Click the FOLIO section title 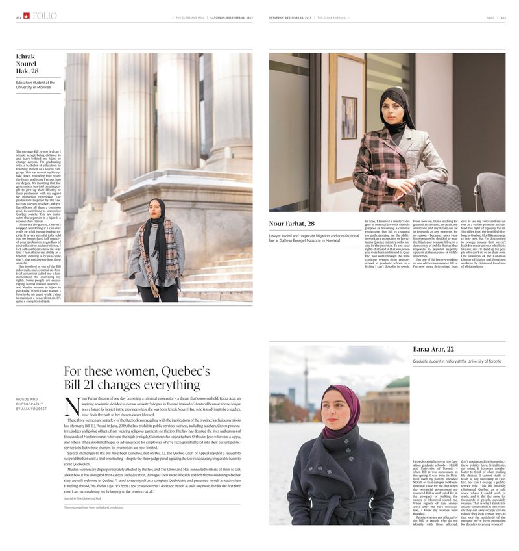tap(45, 16)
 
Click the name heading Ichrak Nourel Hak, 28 tap(27, 64)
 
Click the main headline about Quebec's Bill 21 tap(137, 378)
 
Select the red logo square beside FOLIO tap(26, 16)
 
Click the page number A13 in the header tap(509, 18)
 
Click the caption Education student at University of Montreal tap(36, 85)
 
